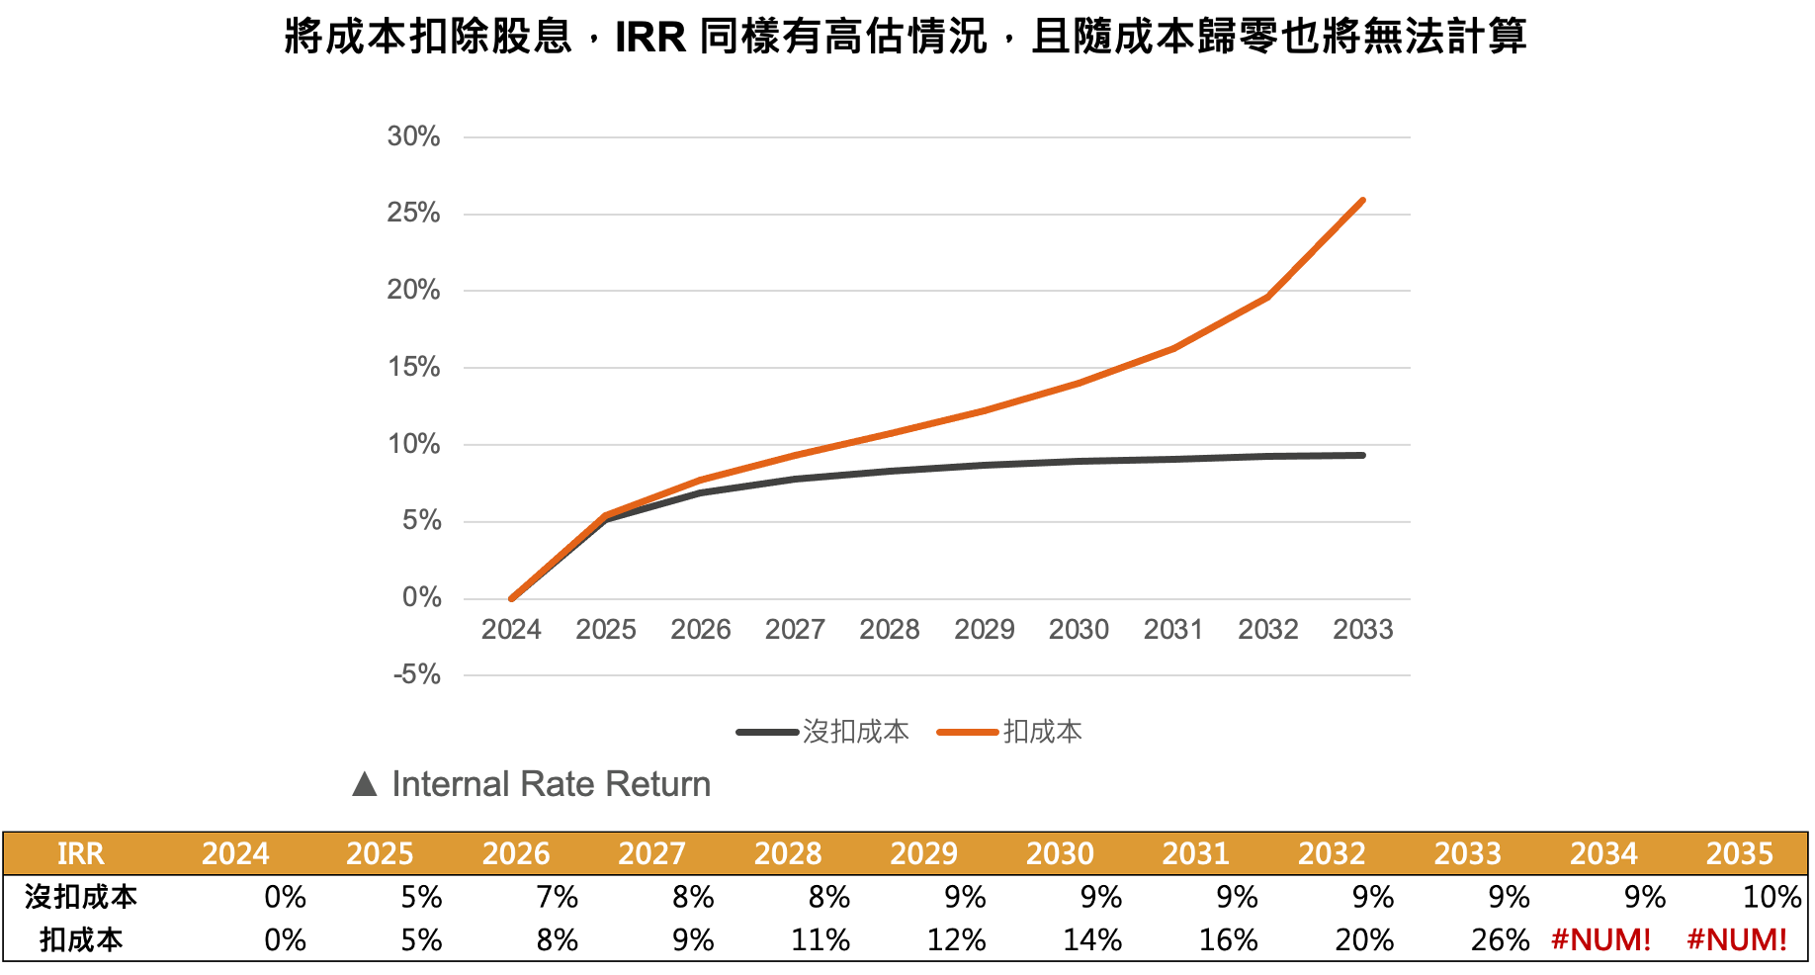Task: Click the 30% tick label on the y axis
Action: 413,136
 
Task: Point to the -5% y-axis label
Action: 416,675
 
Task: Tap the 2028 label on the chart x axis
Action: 889,630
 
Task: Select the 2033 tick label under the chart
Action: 1362,630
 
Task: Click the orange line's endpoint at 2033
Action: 1362,201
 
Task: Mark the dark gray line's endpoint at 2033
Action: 1362,455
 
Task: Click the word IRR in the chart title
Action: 649,38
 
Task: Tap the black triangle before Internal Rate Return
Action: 365,785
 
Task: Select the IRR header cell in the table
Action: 80,853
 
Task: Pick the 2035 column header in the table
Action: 1740,853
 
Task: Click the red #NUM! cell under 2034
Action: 1601,939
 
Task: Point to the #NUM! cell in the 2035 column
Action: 1737,939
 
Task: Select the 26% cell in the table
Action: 1500,939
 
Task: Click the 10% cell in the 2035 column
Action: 1772,897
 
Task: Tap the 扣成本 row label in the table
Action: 81,939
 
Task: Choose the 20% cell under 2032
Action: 1364,939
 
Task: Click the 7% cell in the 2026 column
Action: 557,897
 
